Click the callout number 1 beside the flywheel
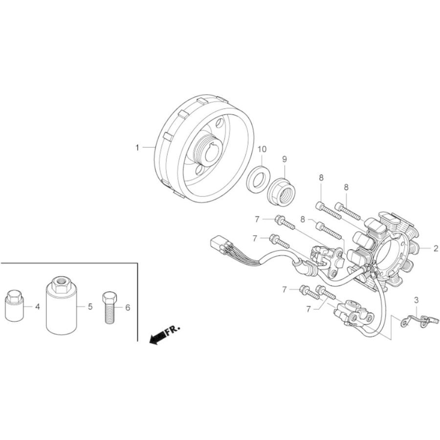click(x=137, y=147)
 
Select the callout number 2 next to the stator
click(x=436, y=248)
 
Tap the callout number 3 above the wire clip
click(x=417, y=300)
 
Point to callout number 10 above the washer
click(x=262, y=149)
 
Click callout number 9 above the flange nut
click(x=285, y=159)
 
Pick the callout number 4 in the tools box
click(x=38, y=307)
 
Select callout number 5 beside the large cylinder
click(x=90, y=307)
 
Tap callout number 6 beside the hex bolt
click(x=128, y=308)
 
